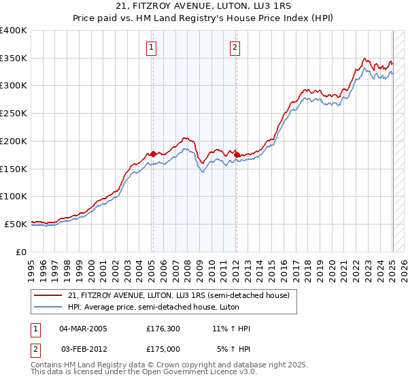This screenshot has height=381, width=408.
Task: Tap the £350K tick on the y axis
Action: [14, 59]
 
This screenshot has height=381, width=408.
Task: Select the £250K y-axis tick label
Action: [14, 114]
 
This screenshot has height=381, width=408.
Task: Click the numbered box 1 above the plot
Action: [150, 48]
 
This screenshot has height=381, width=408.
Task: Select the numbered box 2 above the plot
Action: [235, 48]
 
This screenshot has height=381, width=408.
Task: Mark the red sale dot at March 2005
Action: [153, 154]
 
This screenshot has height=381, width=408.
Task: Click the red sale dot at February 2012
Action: [237, 154]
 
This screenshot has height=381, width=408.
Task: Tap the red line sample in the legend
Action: [48, 295]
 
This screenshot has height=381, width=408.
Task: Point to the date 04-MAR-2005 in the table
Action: [84, 329]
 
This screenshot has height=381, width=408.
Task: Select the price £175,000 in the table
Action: [163, 349]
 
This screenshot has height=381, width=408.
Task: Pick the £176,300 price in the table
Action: [163, 329]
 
